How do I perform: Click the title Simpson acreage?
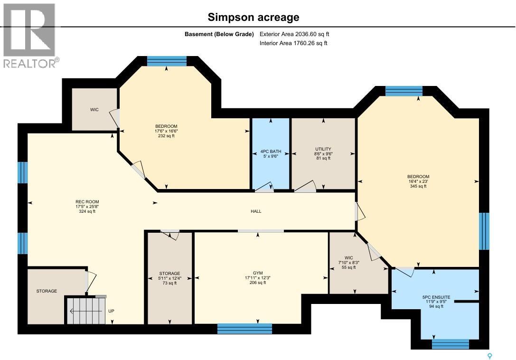[253, 18]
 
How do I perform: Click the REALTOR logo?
[30, 36]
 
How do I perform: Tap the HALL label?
[256, 211]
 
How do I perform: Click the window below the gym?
[244, 329]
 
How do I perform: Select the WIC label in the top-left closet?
[94, 110]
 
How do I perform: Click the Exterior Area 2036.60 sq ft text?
[294, 34]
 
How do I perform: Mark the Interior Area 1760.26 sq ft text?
[293, 43]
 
